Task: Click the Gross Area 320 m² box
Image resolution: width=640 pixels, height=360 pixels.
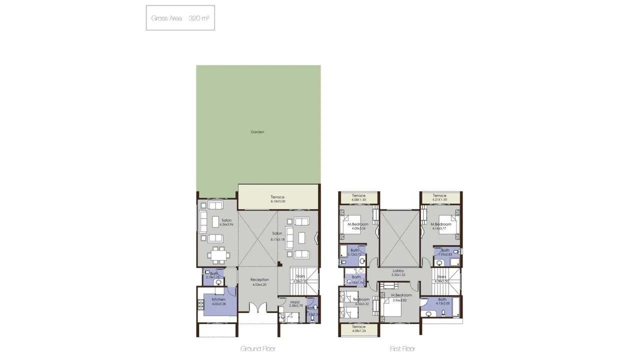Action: pyautogui.click(x=180, y=18)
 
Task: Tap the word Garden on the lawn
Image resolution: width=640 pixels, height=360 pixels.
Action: pyautogui.click(x=257, y=132)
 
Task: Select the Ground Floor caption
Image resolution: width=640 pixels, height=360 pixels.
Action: pyautogui.click(x=257, y=348)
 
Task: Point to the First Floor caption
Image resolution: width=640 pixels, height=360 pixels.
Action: pyautogui.click(x=402, y=348)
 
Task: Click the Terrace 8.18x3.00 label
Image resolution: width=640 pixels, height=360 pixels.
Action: pyautogui.click(x=277, y=199)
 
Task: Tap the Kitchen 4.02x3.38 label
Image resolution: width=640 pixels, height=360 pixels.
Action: pyautogui.click(x=218, y=301)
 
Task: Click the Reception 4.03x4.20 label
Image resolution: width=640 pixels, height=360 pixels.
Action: pyautogui.click(x=259, y=282)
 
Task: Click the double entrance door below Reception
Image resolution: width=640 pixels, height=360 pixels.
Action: pyautogui.click(x=257, y=308)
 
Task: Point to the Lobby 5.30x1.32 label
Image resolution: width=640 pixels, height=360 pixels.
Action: pyautogui.click(x=398, y=272)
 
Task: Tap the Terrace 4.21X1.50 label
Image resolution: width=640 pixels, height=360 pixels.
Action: pyautogui.click(x=439, y=197)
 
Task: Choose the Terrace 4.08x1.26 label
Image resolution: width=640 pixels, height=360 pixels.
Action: pyautogui.click(x=358, y=328)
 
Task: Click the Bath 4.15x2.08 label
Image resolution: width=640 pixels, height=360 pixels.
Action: pyautogui.click(x=442, y=301)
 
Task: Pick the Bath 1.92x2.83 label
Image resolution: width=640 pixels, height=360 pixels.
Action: pyautogui.click(x=445, y=252)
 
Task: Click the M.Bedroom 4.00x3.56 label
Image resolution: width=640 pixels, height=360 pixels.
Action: pyautogui.click(x=358, y=226)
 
